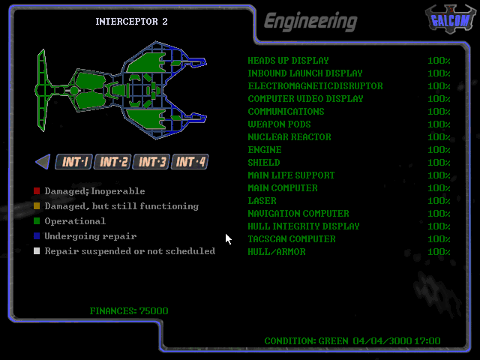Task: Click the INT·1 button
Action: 75,161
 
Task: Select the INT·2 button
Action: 113,161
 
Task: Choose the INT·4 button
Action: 190,161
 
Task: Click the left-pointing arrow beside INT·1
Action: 43,161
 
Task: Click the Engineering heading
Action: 310,21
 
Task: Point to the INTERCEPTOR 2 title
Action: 131,21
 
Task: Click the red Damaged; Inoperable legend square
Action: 37,191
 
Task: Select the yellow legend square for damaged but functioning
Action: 37,206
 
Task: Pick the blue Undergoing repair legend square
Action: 37,236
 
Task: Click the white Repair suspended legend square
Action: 37,251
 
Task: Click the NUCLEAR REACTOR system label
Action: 289,137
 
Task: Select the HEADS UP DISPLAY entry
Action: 288,61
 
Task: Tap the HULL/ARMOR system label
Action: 276,252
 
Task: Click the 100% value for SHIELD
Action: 439,163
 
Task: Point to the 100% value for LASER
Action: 439,201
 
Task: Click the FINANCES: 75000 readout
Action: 129,310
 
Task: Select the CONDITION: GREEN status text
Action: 306,341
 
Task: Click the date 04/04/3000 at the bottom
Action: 380,341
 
